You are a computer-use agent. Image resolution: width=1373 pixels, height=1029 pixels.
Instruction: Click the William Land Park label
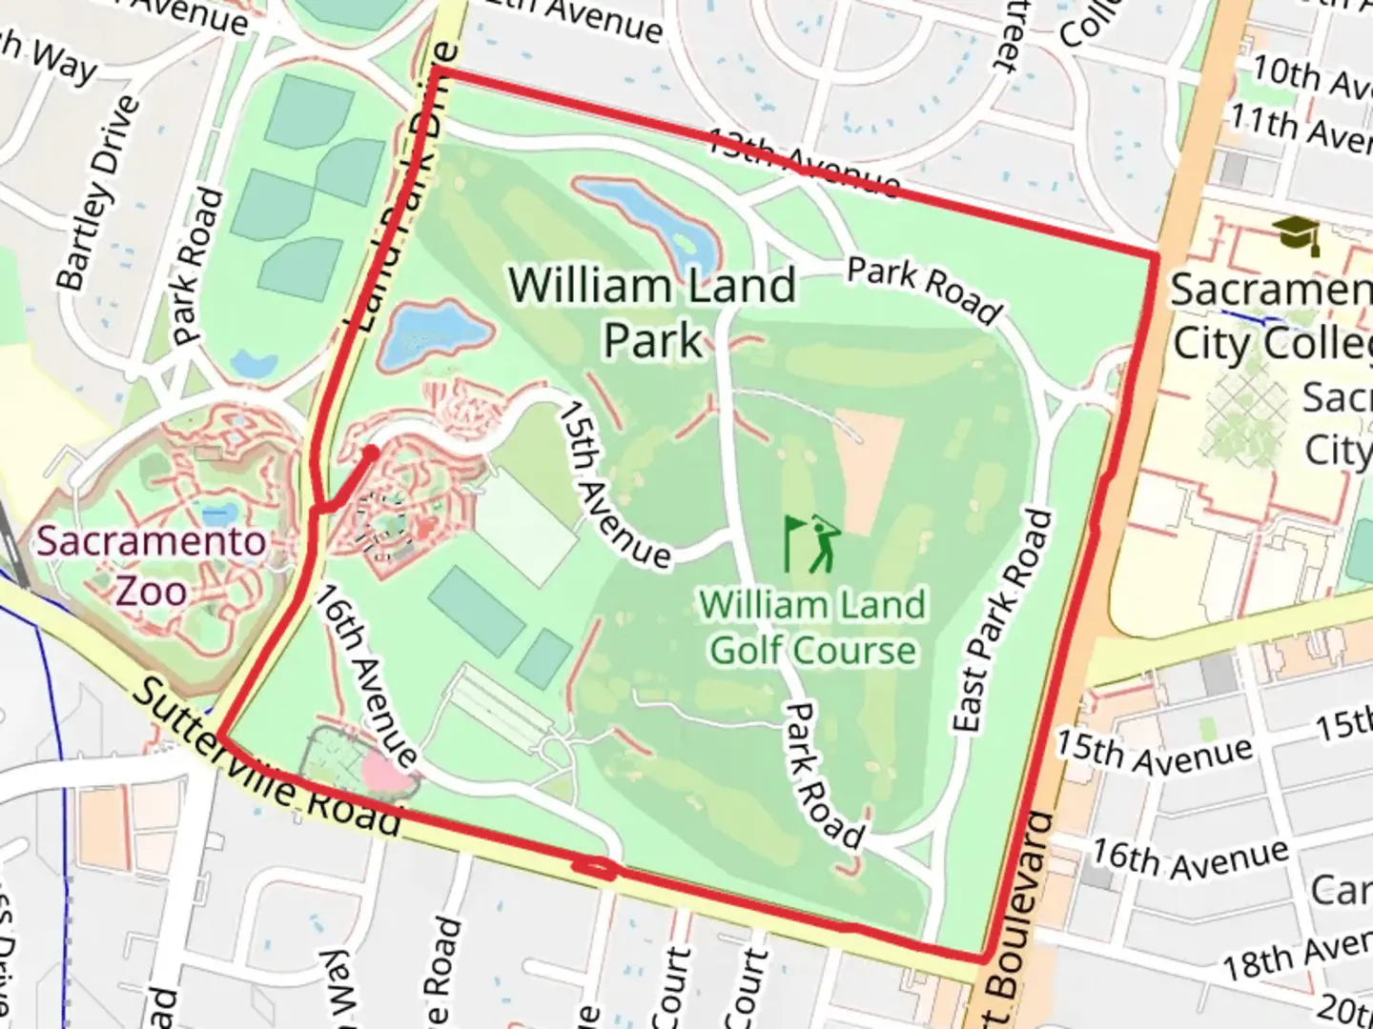tap(652, 313)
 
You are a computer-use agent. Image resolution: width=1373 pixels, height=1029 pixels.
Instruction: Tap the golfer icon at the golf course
tap(812, 544)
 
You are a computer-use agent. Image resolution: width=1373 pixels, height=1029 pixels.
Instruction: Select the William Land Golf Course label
tap(812, 628)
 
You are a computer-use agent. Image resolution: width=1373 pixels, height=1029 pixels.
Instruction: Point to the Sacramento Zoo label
tap(152, 566)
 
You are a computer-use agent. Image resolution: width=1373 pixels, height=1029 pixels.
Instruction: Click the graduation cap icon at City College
tap(1298, 234)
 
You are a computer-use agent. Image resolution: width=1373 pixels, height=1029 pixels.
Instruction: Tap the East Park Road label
tap(1005, 621)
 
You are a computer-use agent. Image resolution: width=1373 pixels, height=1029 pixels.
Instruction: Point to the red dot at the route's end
tap(371, 452)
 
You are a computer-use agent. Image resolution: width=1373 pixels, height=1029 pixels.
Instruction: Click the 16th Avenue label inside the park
tap(367, 676)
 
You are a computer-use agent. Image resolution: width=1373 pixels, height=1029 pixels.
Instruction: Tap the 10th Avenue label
tap(1311, 77)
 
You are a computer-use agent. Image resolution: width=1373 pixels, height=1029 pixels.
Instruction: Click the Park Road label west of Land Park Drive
tap(198, 267)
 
